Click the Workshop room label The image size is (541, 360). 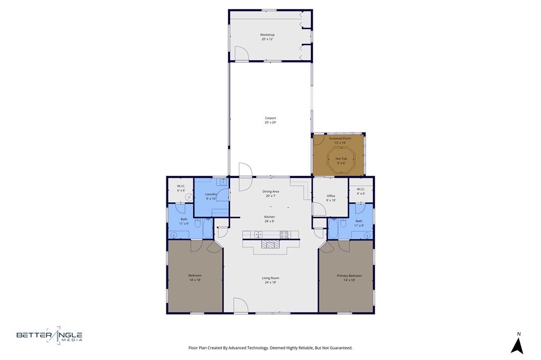[x=267, y=35]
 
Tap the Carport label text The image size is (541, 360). [x=270, y=118]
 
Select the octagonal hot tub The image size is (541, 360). [x=341, y=159]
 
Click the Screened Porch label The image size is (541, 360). [x=340, y=138]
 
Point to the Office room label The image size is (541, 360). [x=331, y=196]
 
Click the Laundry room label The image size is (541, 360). [x=211, y=194]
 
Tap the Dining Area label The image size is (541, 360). [x=270, y=192]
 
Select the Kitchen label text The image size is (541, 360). [x=269, y=217]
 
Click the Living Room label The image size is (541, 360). [x=270, y=278]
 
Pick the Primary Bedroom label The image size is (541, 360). [x=349, y=276]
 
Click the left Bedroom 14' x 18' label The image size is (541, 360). [x=195, y=276]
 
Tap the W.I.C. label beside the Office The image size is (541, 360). [x=361, y=189]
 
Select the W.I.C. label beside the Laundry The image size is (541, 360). [x=181, y=186]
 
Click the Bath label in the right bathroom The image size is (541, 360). [x=359, y=221]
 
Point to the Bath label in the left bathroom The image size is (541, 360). [x=184, y=219]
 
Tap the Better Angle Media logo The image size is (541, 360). [x=49, y=335]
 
